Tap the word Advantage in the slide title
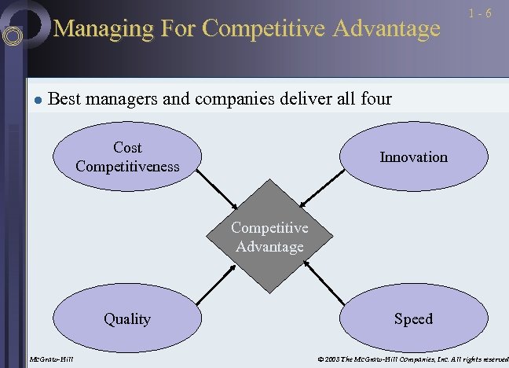pos(386,29)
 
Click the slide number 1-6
pos(480,14)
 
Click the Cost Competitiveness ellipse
pos(127,156)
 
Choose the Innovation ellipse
pos(414,156)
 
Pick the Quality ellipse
pos(127,318)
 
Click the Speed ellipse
pos(414,318)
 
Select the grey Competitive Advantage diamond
pos(269,237)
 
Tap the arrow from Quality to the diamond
pos(214,284)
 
